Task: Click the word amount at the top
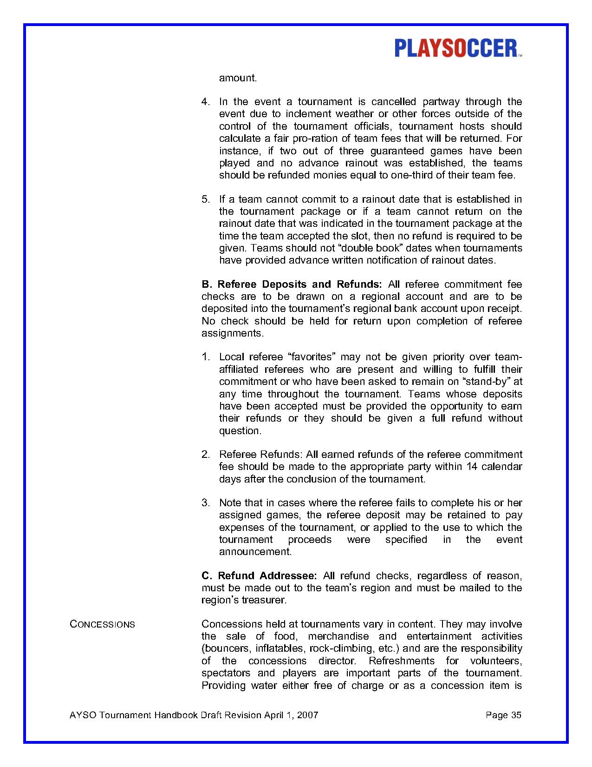coord(238,78)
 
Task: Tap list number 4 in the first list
coord(205,102)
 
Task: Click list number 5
coord(205,199)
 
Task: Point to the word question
coord(240,431)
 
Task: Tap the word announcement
coord(255,552)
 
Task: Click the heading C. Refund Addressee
coord(259,576)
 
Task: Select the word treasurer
coord(264,600)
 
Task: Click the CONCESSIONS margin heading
coord(102,624)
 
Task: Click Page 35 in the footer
coord(503,715)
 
